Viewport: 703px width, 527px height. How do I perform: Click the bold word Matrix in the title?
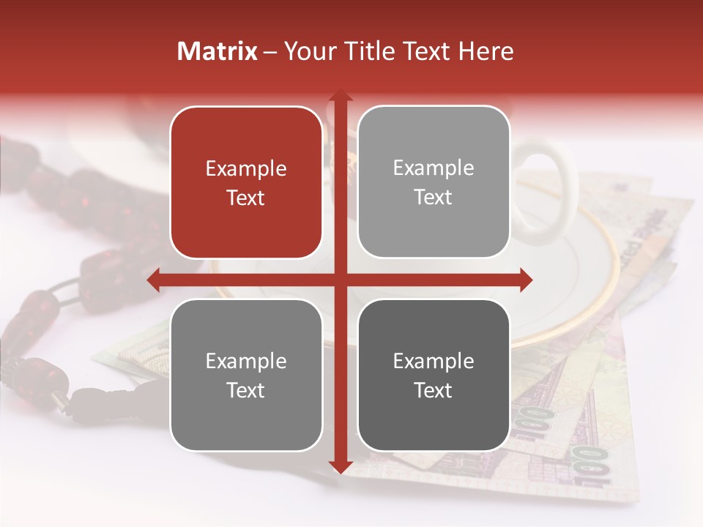[x=217, y=51]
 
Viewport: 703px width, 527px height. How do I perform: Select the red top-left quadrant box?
[x=246, y=182]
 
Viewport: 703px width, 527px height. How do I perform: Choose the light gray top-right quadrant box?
[x=434, y=182]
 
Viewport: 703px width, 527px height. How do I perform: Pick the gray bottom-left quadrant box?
[x=246, y=375]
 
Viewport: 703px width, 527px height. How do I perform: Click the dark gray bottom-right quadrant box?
[x=434, y=375]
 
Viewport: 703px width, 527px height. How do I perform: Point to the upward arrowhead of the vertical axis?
[x=340, y=95]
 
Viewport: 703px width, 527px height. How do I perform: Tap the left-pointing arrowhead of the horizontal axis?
[x=154, y=280]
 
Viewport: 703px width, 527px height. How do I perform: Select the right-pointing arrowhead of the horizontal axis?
[x=526, y=280]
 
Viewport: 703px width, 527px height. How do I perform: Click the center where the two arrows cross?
[x=340, y=280]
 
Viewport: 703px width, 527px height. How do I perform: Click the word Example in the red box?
[x=246, y=169]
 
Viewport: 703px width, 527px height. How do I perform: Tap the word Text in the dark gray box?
[x=434, y=390]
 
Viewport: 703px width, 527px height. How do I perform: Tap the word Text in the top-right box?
[x=434, y=197]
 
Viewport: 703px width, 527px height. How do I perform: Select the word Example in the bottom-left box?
[x=246, y=361]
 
